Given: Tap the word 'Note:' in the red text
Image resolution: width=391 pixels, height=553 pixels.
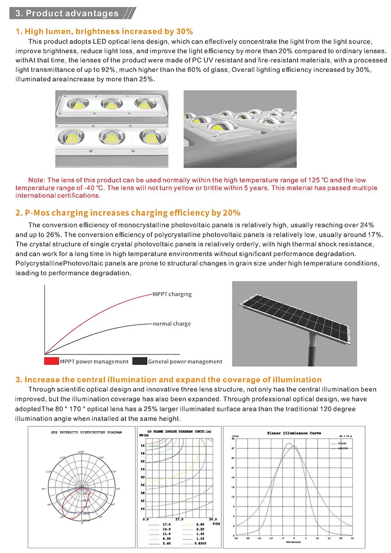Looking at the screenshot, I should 37,180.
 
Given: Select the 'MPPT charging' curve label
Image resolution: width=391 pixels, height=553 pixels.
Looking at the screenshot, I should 172,294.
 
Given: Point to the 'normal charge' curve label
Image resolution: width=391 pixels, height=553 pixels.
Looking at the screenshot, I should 172,324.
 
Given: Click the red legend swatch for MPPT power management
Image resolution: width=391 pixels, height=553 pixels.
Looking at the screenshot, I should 51,361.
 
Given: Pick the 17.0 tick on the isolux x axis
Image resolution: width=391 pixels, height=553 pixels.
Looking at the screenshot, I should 179,519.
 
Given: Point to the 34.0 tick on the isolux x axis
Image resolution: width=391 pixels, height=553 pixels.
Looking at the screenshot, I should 211,519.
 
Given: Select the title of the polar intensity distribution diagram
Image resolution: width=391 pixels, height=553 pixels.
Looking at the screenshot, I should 87,433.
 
